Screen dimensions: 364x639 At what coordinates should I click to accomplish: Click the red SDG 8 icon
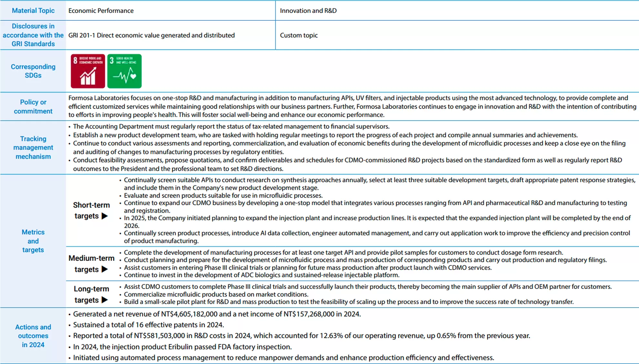(x=88, y=71)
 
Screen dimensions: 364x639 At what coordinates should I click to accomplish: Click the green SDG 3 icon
(x=124, y=71)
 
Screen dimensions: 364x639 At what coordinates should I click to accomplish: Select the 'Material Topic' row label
(x=33, y=11)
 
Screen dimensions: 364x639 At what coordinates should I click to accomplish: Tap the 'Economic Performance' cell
(x=101, y=11)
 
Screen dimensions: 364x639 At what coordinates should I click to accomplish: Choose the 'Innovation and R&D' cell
(x=308, y=11)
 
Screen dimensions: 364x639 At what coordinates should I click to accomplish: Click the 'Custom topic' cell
(x=299, y=35)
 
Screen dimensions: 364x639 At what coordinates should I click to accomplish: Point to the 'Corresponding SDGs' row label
(x=33, y=71)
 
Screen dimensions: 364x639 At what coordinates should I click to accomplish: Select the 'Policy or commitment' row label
(x=33, y=106)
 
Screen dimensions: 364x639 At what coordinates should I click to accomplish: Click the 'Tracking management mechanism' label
(x=33, y=147)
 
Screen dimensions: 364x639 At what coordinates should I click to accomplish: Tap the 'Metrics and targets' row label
(x=33, y=241)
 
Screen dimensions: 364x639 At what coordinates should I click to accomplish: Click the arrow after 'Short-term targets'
(x=105, y=216)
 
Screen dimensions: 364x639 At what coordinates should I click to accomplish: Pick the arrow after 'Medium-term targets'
(x=105, y=269)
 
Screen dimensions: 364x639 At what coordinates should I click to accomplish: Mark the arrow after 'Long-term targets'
(x=105, y=300)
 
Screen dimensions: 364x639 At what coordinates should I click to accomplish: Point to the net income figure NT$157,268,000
(x=309, y=314)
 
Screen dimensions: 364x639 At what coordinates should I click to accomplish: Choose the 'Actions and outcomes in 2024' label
(x=33, y=336)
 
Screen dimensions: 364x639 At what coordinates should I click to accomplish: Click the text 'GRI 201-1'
(x=82, y=35)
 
